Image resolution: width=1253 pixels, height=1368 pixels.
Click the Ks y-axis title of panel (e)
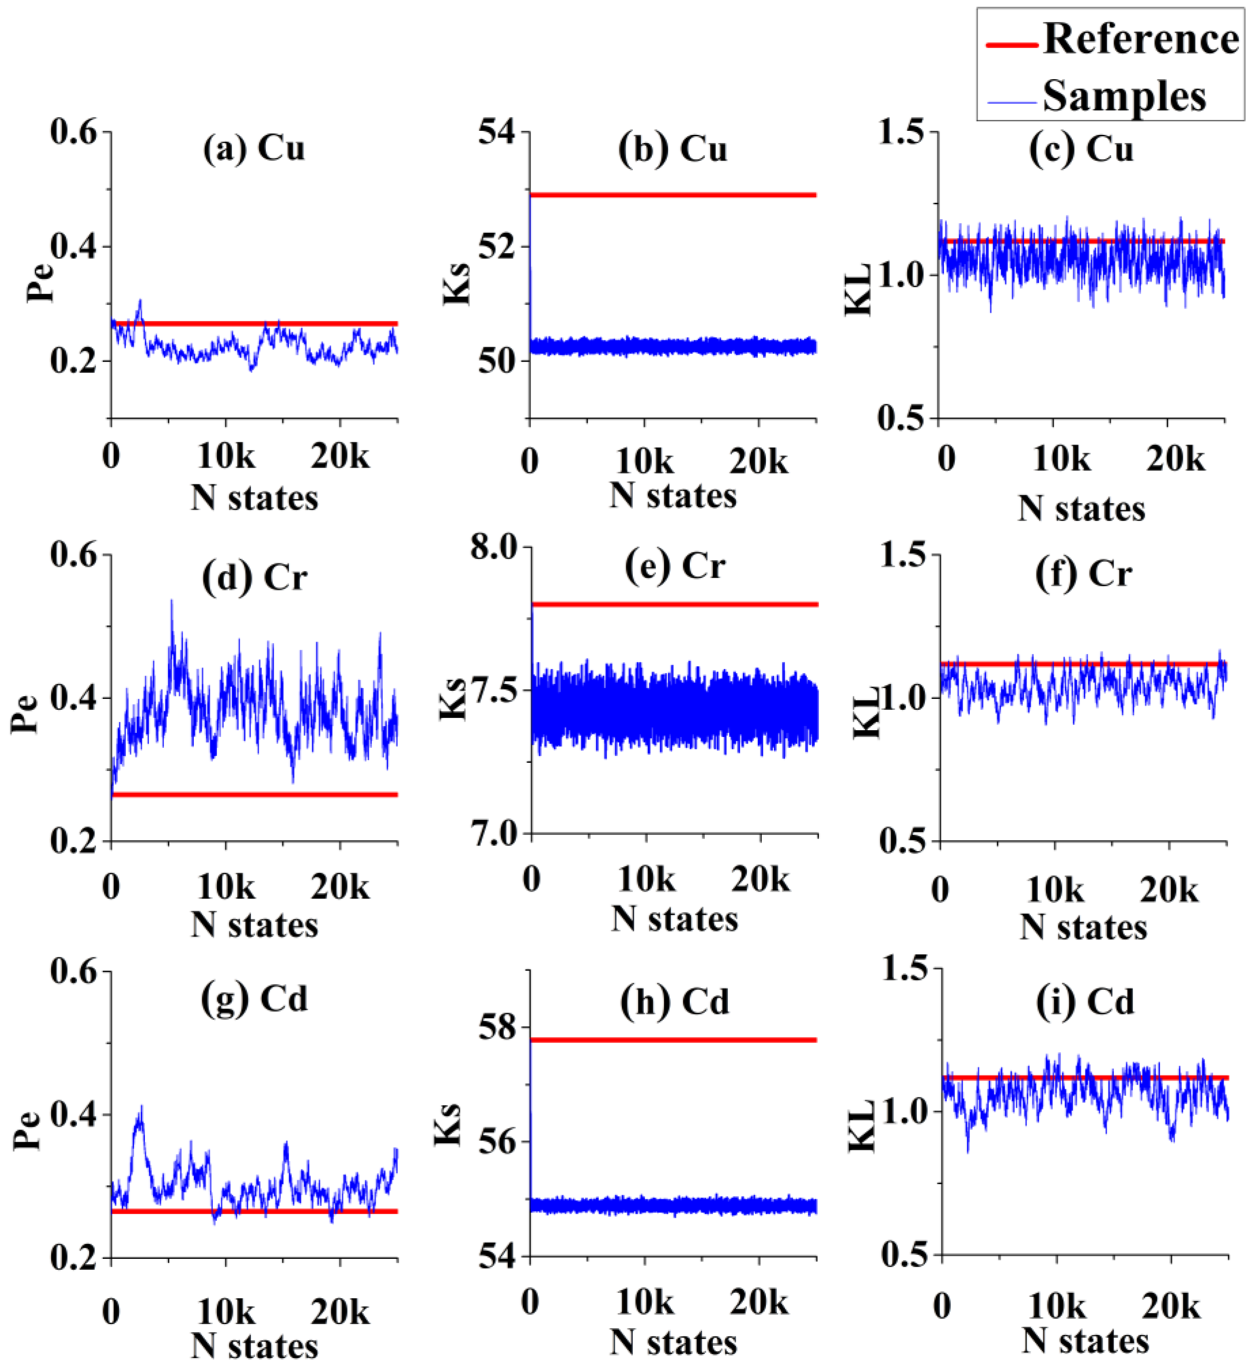click(x=453, y=699)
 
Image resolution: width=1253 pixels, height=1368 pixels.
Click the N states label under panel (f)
click(x=1083, y=927)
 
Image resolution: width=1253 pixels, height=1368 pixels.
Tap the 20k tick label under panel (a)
click(x=340, y=457)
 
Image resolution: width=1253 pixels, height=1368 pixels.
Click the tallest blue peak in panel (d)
click(x=172, y=601)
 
